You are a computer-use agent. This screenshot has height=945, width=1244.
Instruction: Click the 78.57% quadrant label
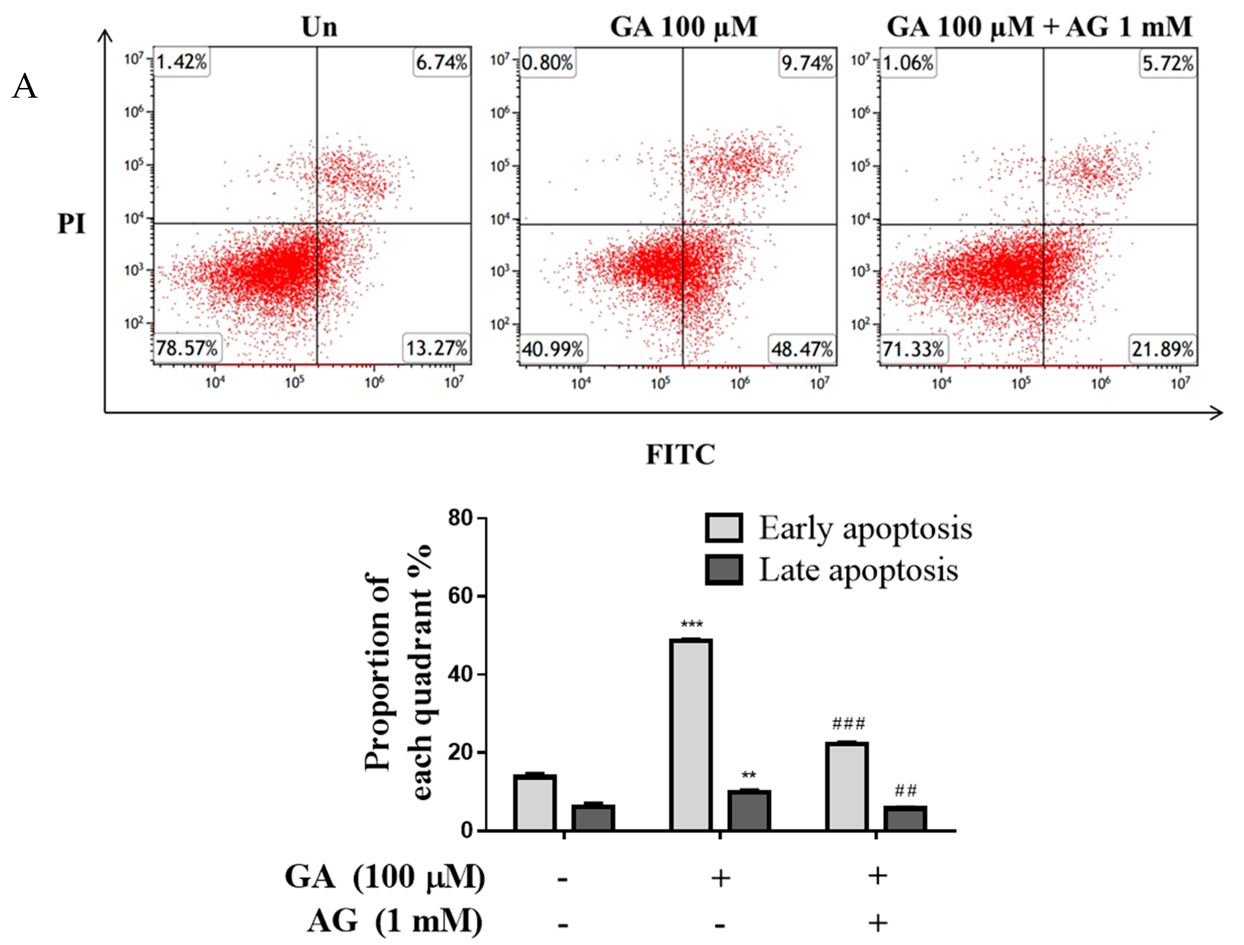[x=187, y=348]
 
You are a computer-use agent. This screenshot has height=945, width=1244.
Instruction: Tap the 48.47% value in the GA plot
[x=802, y=349]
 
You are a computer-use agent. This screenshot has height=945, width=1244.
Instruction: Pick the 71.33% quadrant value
[x=913, y=349]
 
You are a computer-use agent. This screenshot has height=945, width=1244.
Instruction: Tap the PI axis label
[x=72, y=224]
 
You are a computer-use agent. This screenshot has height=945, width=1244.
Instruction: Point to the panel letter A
[x=24, y=87]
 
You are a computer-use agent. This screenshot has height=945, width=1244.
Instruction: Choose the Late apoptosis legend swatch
[x=724, y=570]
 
